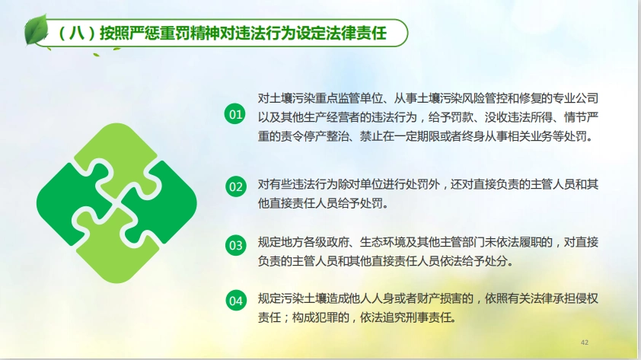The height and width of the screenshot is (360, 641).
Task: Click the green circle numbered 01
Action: click(235, 114)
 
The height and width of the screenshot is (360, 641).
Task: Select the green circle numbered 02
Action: click(235, 186)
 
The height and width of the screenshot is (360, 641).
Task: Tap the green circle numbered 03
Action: click(235, 245)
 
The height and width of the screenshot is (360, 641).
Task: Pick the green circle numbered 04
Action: click(235, 300)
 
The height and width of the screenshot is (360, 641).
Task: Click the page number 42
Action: click(585, 342)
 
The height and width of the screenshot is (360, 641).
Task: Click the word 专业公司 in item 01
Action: click(576, 98)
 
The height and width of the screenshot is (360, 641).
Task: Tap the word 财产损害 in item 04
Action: click(432, 298)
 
